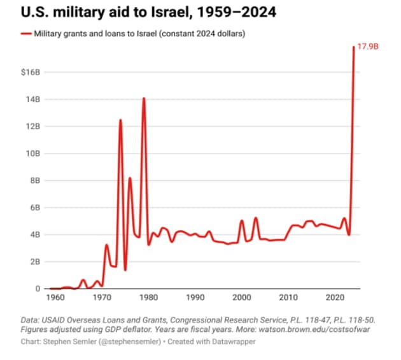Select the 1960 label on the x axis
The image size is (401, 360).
click(55, 298)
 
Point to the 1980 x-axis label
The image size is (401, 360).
click(148, 298)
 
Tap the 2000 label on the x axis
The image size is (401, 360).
click(242, 298)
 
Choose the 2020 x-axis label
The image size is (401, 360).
click(335, 298)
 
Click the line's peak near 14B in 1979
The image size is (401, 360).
click(144, 98)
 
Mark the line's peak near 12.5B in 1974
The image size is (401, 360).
click(120, 120)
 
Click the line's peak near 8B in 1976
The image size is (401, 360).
click(130, 178)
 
